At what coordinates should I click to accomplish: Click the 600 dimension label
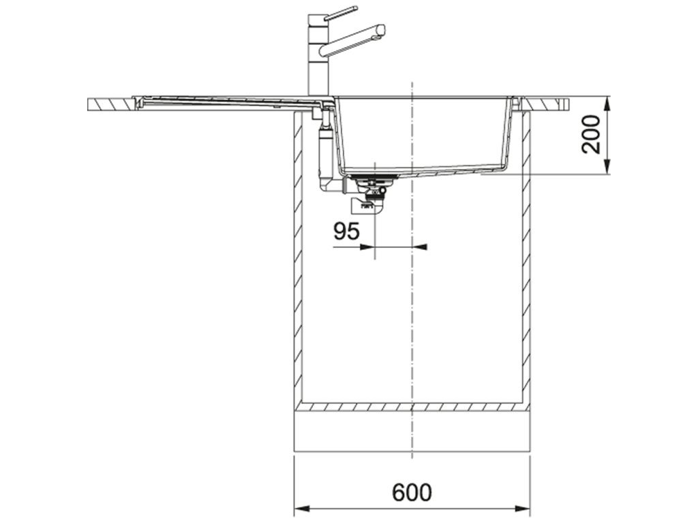tap(412, 492)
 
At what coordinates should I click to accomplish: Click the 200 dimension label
tap(593, 134)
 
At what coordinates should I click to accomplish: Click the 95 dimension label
tap(346, 231)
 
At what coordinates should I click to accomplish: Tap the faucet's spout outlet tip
tap(380, 31)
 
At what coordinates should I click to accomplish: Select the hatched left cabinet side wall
tap(297, 259)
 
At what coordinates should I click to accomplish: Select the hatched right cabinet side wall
tap(526, 259)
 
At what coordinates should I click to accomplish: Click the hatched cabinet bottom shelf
tap(412, 407)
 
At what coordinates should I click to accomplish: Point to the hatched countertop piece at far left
tap(109, 104)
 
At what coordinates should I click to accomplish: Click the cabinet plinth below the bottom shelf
tap(412, 430)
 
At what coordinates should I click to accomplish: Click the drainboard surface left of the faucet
tap(218, 101)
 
